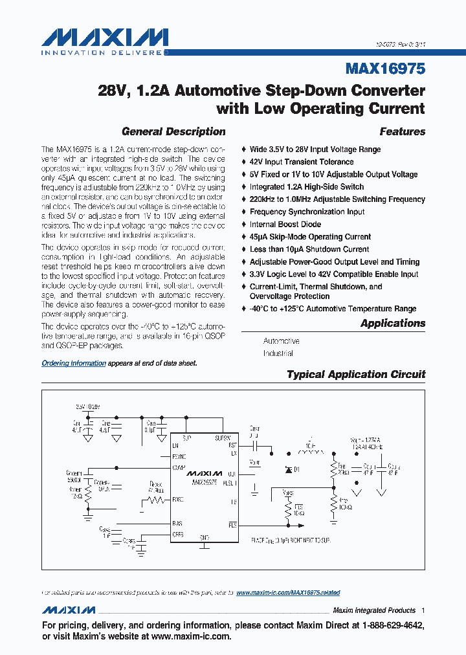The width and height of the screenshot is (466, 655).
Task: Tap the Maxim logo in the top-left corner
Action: click(104, 37)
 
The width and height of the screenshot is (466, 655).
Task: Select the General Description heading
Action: click(173, 131)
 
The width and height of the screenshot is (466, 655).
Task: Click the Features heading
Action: click(402, 131)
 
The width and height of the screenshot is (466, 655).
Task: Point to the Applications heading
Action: click(393, 323)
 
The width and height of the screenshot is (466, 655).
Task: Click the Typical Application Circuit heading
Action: click(356, 374)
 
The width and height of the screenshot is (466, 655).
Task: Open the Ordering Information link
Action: click(74, 363)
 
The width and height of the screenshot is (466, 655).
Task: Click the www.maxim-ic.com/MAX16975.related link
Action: click(288, 592)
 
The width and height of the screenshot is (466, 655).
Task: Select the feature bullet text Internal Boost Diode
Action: click(285, 224)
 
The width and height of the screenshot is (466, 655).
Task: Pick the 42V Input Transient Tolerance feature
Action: click(302, 162)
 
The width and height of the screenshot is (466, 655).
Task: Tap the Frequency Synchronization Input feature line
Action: click(307, 212)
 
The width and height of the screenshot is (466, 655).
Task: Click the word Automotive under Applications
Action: click(281, 340)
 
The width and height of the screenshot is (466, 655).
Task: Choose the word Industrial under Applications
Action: click(278, 353)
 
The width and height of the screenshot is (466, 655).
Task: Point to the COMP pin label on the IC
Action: click(179, 467)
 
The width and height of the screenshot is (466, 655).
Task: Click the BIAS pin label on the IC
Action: click(177, 522)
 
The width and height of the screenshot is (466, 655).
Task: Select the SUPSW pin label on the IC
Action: click(222, 438)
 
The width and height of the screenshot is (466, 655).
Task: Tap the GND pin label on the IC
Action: click(204, 537)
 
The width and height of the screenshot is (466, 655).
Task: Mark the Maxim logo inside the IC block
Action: click(205, 474)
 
